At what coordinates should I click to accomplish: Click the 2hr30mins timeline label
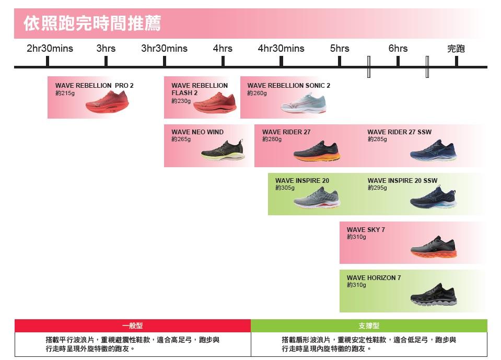[50, 49]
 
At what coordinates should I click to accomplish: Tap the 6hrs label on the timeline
[398, 49]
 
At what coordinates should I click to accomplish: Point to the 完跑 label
[456, 49]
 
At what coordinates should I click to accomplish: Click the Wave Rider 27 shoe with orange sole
[317, 151]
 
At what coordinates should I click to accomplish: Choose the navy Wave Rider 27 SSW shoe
[433, 150]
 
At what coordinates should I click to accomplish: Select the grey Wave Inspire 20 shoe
[317, 198]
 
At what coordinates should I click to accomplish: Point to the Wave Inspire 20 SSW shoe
[433, 198]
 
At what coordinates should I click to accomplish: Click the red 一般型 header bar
[133, 326]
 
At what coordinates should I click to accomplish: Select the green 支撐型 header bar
[369, 326]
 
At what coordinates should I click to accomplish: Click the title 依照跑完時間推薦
[92, 24]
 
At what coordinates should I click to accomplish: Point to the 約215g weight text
[65, 93]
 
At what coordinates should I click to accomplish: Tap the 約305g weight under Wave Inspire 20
[285, 188]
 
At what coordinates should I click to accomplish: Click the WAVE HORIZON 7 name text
[374, 278]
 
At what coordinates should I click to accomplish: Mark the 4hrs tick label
[223, 49]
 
